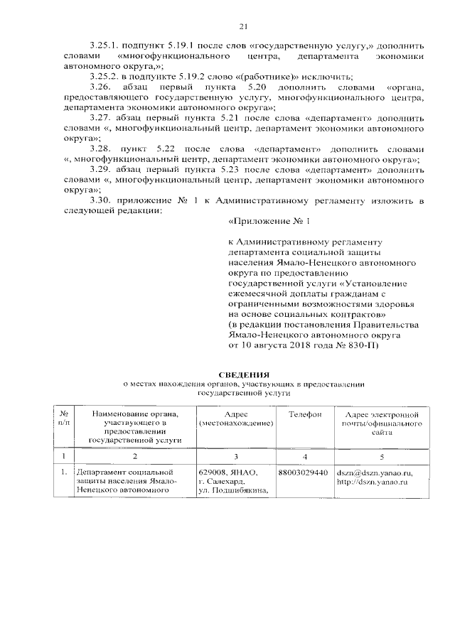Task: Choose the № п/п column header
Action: pos(64,418)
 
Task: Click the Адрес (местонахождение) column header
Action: pos(235,418)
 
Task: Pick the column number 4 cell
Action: pos(304,455)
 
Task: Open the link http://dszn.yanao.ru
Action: pos(371,482)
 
